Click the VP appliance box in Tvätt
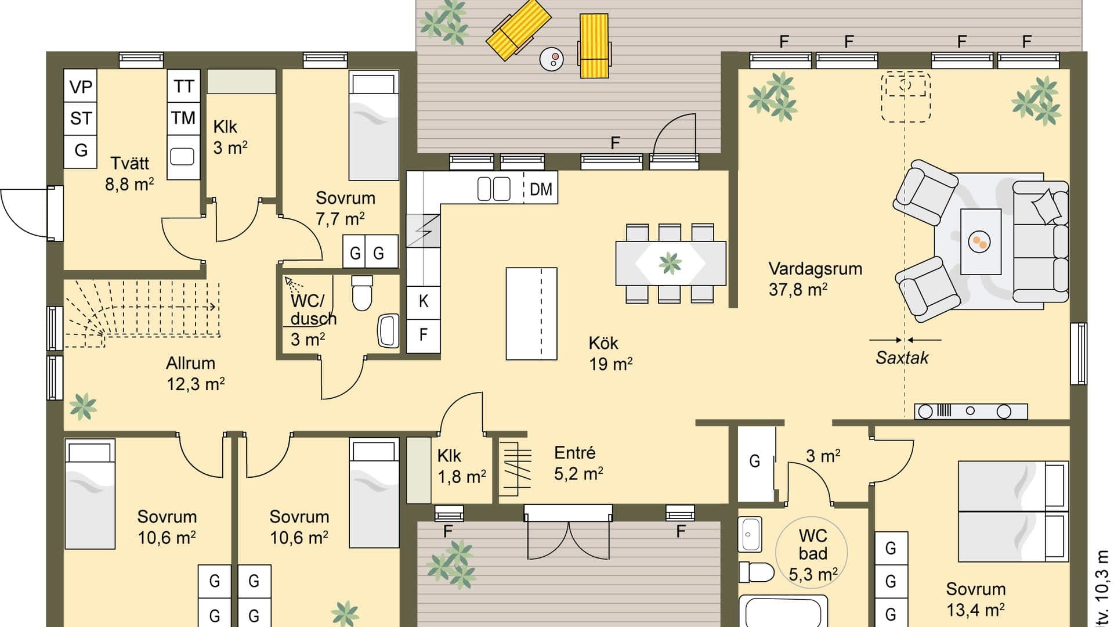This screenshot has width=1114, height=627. (80, 87)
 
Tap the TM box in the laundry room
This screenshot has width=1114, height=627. (183, 118)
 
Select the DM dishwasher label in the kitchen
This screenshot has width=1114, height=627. (541, 189)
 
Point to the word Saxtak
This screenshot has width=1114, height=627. (902, 358)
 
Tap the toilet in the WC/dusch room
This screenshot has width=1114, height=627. (362, 293)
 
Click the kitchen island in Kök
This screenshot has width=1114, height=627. (531, 313)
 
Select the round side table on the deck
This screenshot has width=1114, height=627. (552, 59)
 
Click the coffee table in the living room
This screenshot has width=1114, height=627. (981, 242)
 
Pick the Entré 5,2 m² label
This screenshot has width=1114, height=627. (578, 463)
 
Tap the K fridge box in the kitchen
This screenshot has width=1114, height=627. (423, 301)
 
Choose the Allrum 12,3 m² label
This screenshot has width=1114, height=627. (196, 373)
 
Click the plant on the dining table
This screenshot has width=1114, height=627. (670, 263)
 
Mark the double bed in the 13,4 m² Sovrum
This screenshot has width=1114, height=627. (1013, 511)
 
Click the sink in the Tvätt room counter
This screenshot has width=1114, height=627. (182, 156)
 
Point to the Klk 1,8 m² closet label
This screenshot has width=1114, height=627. (461, 466)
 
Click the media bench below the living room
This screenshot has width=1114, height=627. (971, 412)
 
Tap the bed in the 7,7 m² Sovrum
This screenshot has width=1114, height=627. (374, 125)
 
